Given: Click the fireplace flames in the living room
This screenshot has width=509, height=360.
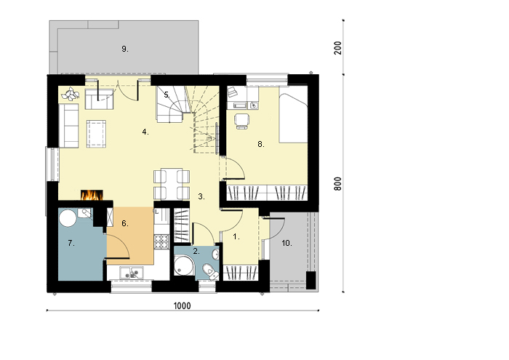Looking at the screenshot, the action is (92, 195).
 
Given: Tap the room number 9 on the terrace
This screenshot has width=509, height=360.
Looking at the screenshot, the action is (125, 49).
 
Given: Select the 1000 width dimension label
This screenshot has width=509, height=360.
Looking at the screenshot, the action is (182, 305).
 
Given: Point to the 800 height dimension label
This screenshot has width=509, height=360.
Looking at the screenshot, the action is (338, 184).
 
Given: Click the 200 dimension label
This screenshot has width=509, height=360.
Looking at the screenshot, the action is (338, 48).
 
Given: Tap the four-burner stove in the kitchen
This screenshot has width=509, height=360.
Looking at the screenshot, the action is (161, 241).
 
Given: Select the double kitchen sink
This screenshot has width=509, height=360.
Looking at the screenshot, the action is (132, 273).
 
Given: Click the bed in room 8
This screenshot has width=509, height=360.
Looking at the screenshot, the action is (294, 114).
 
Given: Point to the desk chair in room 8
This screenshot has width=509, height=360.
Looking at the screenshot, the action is (241, 121).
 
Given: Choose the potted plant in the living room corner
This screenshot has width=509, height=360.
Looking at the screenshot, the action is (71, 94).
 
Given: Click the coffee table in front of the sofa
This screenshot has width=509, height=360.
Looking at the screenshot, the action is (96, 134).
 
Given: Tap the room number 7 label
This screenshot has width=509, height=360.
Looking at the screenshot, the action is (71, 243).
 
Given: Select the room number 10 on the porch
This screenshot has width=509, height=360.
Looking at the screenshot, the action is (286, 243).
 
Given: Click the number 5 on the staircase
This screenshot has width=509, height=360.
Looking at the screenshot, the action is (167, 95).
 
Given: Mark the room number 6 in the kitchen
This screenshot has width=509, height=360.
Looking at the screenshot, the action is (125, 223).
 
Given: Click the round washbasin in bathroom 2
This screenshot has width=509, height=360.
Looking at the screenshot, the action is (215, 255).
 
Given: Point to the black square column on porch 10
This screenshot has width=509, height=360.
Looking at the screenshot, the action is (311, 280).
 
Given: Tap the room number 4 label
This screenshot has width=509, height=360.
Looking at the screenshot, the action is (145, 132).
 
